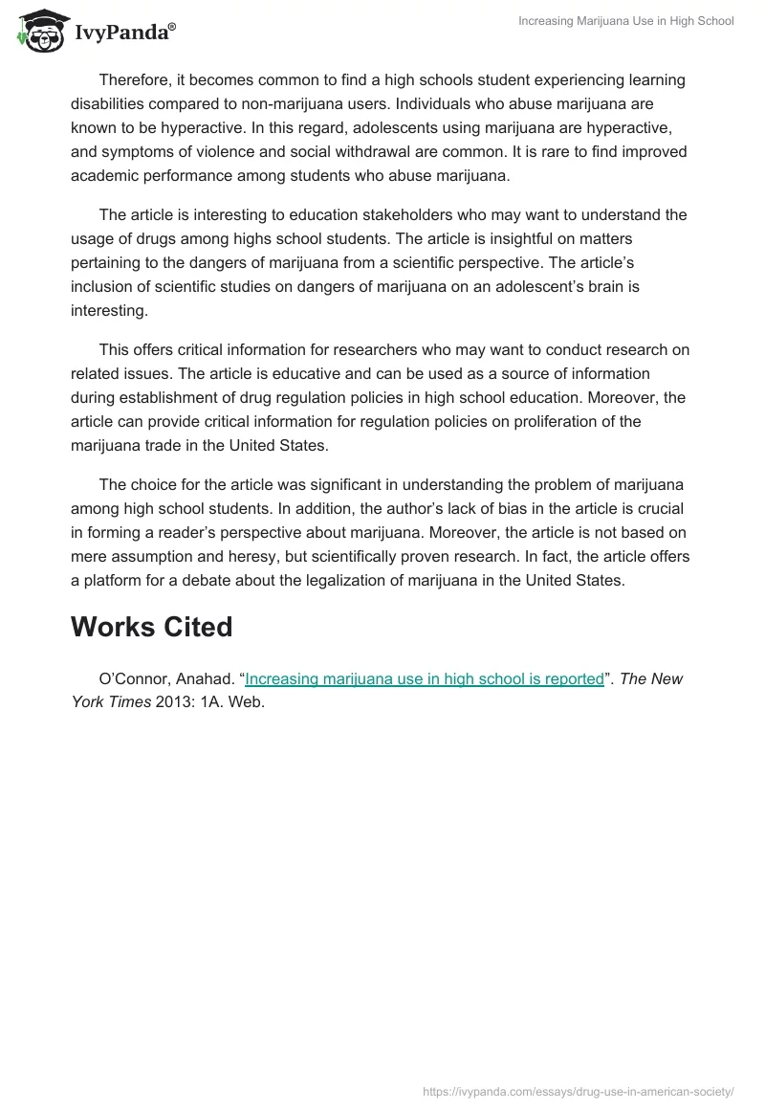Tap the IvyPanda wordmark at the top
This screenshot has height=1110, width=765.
(124, 32)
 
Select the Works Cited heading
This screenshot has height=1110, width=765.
(151, 628)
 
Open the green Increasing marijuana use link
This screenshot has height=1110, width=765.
(425, 679)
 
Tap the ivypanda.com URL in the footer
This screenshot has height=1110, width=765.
(579, 1091)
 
